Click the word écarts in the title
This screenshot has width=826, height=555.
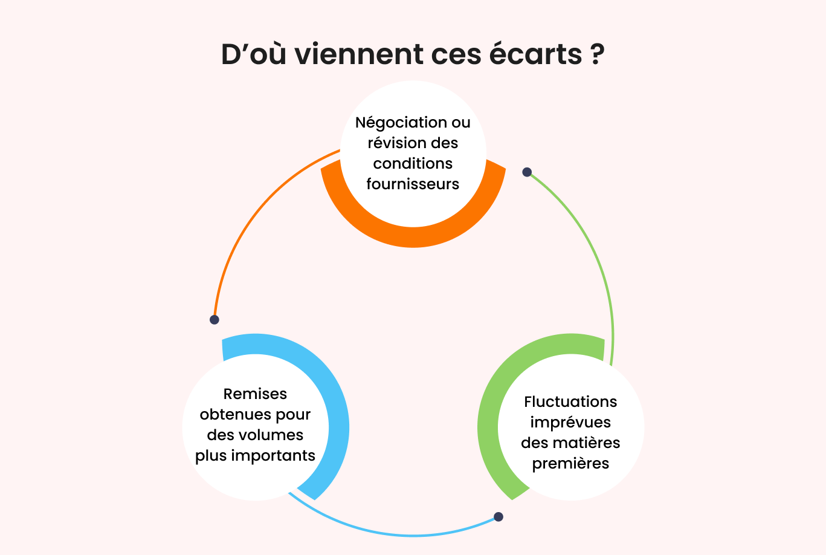(x=536, y=54)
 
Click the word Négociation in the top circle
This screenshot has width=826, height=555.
(x=396, y=123)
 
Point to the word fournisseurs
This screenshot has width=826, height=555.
(x=413, y=184)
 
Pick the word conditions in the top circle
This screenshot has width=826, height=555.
(x=413, y=163)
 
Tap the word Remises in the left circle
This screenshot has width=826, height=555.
(x=255, y=394)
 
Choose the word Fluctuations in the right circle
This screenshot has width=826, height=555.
(x=570, y=401)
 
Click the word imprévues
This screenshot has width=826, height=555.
(x=570, y=423)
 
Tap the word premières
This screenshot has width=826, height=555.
(x=570, y=464)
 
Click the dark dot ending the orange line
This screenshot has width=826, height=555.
(x=215, y=320)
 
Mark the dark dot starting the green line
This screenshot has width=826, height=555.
(x=527, y=172)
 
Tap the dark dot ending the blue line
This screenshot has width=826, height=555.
(x=499, y=517)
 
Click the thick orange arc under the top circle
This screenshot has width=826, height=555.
(x=413, y=236)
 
